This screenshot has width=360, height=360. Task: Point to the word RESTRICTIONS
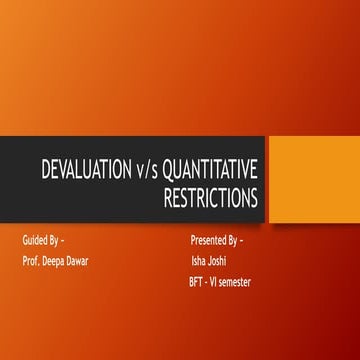[210, 196]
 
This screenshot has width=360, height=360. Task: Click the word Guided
[35, 242]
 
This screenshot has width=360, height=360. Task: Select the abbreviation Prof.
[31, 262]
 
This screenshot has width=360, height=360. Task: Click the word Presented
[208, 242]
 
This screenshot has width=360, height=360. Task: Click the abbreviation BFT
[197, 283]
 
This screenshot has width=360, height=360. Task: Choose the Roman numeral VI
[218, 283]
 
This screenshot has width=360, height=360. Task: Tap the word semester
[238, 283]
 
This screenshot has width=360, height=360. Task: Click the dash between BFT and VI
[208, 283]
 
